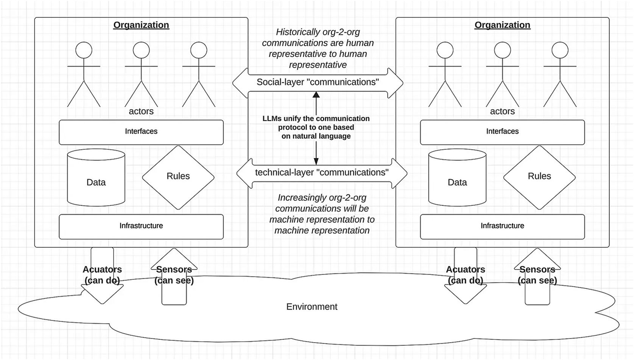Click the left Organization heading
click(141, 25)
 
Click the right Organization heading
click(502, 25)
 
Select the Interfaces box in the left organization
click(141, 132)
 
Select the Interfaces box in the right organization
click(502, 132)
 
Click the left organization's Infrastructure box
click(141, 226)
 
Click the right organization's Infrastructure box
click(502, 226)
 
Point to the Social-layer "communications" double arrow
click(318, 83)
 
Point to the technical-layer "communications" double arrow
click(322, 173)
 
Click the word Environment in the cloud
click(312, 307)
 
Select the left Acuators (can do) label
click(102, 275)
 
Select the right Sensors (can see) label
click(537, 275)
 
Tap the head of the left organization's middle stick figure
click(141, 50)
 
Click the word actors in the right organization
click(502, 111)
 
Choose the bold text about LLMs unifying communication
click(316, 127)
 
